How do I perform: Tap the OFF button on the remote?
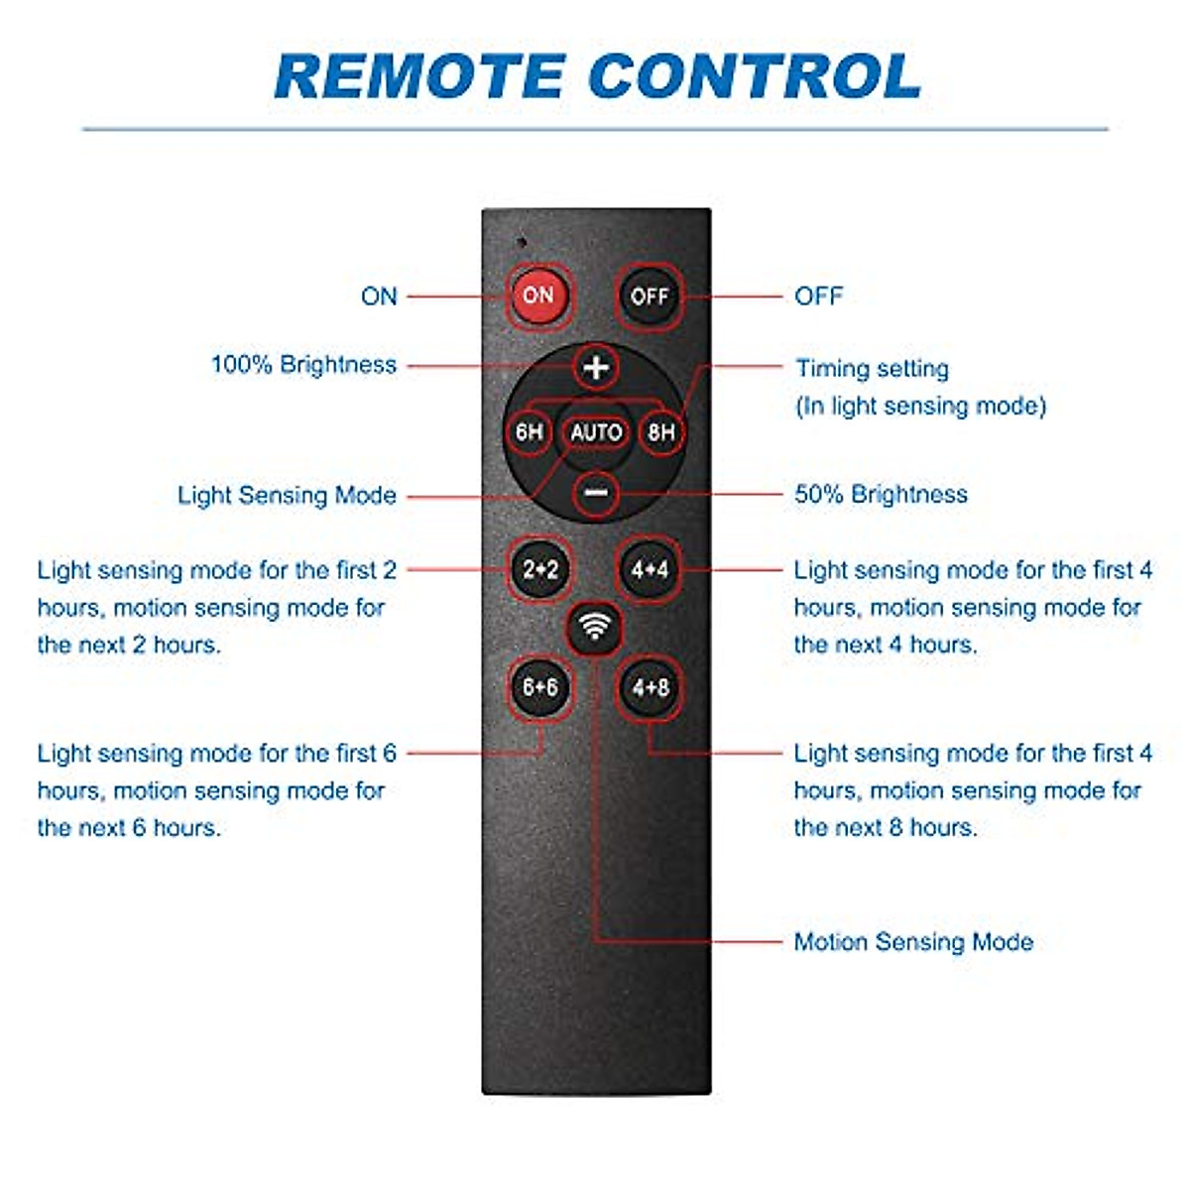click(x=650, y=296)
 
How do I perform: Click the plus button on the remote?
click(x=596, y=368)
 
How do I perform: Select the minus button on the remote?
click(x=596, y=493)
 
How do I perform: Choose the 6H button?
click(x=530, y=432)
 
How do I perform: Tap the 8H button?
click(x=661, y=432)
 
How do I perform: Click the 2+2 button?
click(x=540, y=569)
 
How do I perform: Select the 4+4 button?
click(x=650, y=569)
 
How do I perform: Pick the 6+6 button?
click(x=540, y=686)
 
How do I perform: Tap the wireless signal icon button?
click(x=595, y=627)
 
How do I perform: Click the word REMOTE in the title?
click(x=418, y=76)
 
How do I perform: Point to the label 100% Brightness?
click(x=303, y=365)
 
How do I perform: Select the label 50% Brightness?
click(x=881, y=494)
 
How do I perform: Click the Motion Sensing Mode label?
click(x=913, y=942)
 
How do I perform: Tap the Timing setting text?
click(x=872, y=369)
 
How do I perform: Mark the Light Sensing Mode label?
click(x=287, y=495)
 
